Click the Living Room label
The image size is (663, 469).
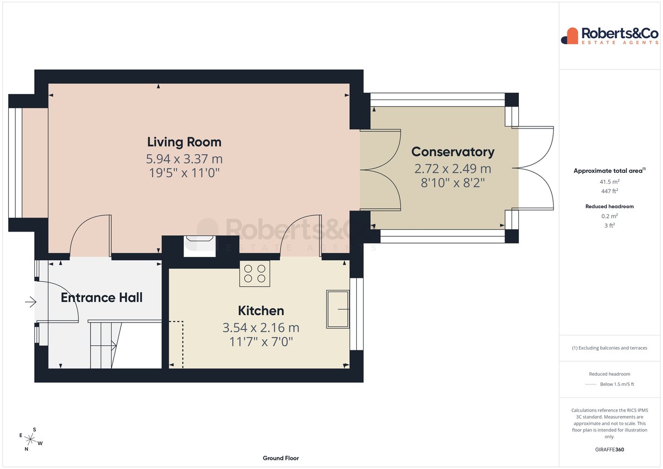point(184,142)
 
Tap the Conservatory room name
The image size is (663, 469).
point(452,152)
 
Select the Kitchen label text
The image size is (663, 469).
point(261,310)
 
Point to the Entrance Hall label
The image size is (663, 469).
point(102,297)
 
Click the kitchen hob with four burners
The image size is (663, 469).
point(255,273)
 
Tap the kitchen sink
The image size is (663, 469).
point(338,309)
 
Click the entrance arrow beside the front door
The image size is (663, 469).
point(31,302)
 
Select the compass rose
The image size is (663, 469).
point(30,439)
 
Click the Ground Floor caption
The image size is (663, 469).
point(281,458)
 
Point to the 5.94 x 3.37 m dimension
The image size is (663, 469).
point(184,159)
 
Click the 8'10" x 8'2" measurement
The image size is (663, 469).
point(452,183)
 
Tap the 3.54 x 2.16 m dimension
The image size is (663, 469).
point(261,328)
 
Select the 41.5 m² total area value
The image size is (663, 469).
point(609,182)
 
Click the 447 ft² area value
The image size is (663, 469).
point(609,191)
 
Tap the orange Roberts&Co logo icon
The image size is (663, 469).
point(570,36)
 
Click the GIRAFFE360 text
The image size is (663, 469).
point(609,450)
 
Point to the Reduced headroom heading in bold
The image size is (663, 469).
point(609,206)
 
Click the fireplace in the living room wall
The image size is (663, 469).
point(199,246)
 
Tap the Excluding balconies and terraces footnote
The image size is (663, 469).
point(609,348)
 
